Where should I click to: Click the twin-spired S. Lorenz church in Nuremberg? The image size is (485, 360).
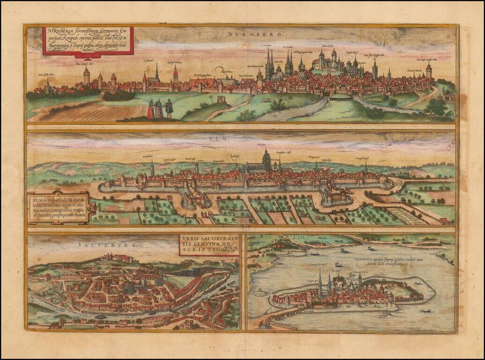[x=269, y=66]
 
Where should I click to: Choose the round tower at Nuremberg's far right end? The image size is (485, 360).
[x=428, y=72]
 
